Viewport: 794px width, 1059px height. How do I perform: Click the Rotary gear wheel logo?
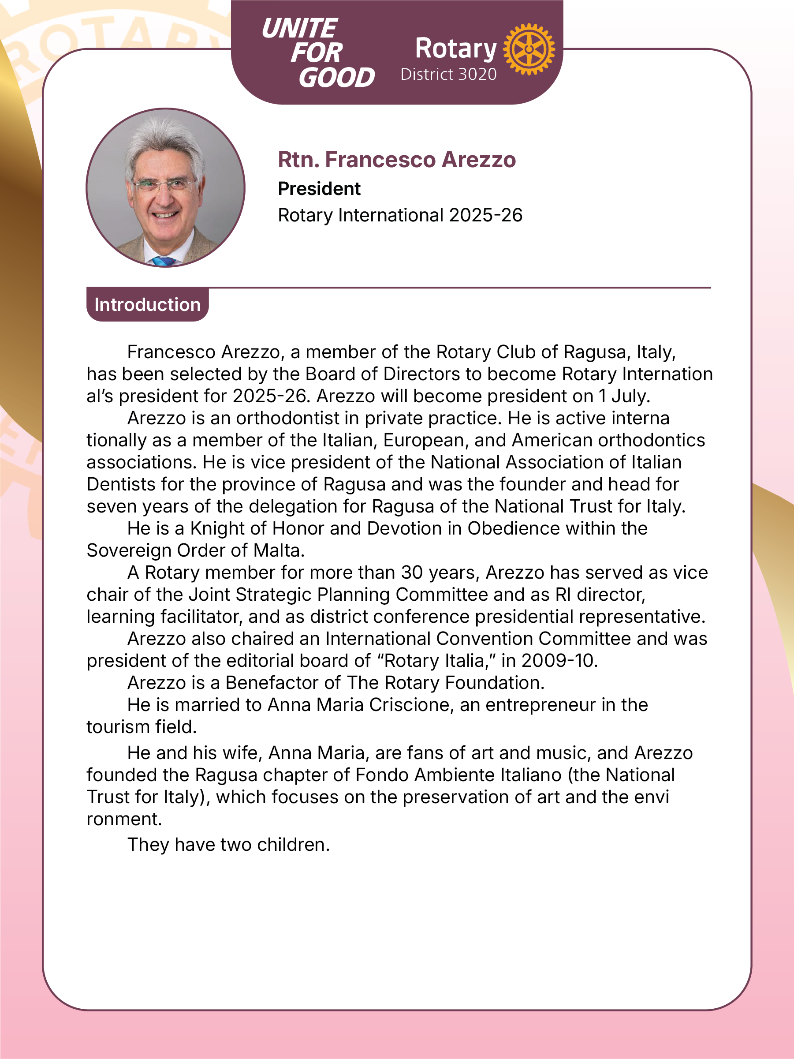pos(529,49)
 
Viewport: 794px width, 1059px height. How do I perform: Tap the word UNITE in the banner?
pos(299,29)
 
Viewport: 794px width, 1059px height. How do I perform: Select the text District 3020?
pos(448,75)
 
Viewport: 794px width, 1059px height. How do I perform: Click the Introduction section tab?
pos(147,304)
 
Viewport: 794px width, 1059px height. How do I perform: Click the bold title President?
pos(319,189)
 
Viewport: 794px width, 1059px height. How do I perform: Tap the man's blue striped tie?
pos(164,261)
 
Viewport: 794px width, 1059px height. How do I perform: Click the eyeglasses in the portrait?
pos(164,184)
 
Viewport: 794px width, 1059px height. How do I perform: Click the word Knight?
pos(217,528)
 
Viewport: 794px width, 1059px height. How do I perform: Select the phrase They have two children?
pos(229,845)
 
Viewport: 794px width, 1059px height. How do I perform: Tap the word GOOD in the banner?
pos(336,78)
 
